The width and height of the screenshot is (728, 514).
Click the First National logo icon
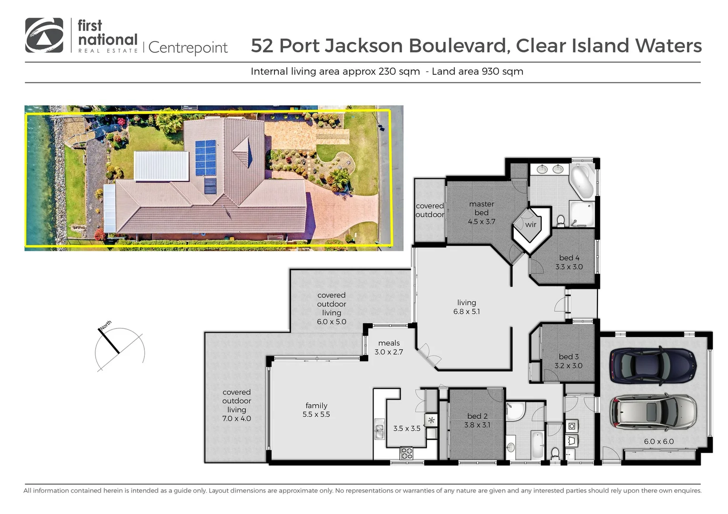click(44, 35)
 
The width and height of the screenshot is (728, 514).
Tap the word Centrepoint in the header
click(188, 48)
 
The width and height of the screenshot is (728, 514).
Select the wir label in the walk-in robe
click(531, 225)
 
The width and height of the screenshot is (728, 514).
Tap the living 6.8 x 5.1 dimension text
click(466, 312)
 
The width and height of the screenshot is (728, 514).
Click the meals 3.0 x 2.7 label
click(389, 347)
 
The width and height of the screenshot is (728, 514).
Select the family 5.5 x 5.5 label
click(316, 410)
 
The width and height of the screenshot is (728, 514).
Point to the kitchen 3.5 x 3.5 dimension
click(407, 428)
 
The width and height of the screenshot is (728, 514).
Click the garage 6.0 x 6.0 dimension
click(659, 441)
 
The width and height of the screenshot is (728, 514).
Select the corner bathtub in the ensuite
click(582, 182)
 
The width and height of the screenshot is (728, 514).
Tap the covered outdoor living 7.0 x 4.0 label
click(236, 405)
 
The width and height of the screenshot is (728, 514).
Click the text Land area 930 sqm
click(477, 71)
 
